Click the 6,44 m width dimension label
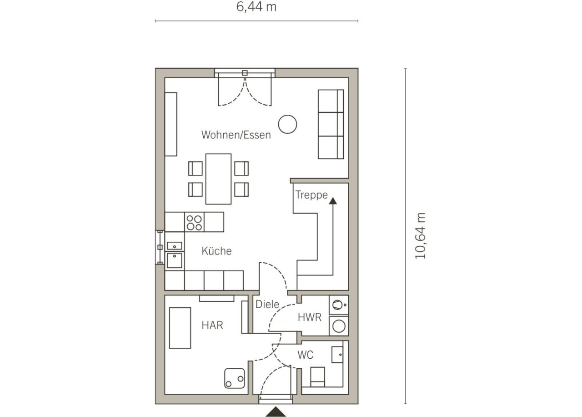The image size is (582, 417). coord(256,7)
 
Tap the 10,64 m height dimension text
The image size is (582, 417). coord(421,236)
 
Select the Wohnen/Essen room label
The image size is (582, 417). coord(236,135)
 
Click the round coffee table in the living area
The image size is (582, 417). coord(287,124)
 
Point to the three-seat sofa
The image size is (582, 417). coord(331,124)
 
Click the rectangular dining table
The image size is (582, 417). coord(218,179)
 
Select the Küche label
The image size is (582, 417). coord(216,251)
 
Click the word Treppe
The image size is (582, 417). coord(311,194)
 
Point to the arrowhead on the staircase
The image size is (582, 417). coord(333,201)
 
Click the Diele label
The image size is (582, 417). coord(267,304)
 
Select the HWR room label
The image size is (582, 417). coord(310,317)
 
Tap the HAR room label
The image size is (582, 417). coord(212,325)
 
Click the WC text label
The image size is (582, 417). coord(305,355)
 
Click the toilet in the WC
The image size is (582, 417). coord(317,376)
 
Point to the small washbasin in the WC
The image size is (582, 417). coord(337,354)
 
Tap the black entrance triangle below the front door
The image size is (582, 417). coord(276,412)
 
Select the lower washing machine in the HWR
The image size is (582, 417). coord(339,325)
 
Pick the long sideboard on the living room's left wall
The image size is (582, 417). coord(171,124)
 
